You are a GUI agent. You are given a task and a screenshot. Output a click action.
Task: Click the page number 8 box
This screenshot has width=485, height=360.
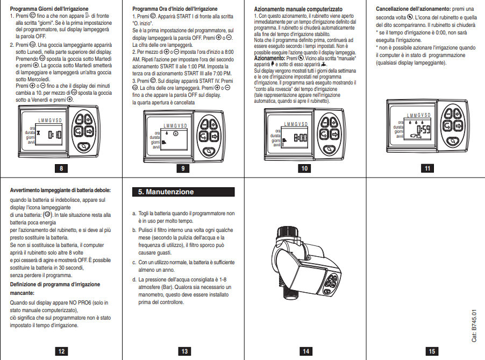coord(61,168)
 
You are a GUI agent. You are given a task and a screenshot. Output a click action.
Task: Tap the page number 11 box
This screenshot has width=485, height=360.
coord(427,168)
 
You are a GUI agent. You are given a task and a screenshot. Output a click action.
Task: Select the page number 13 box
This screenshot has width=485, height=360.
coord(184,351)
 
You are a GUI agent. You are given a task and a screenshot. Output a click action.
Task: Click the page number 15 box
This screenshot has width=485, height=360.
coord(432,351)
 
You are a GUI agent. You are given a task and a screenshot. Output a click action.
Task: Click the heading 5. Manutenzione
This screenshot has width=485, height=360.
coord(183,192)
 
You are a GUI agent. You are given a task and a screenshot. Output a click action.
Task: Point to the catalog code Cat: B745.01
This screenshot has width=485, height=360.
coord(474,326)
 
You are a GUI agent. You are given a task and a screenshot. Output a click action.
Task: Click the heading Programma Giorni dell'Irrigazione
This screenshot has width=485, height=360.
coord(45,9)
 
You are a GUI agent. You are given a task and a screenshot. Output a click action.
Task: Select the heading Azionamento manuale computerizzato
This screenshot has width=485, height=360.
coord(298,10)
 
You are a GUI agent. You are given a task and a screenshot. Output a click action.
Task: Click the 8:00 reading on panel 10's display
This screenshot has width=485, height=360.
coord(300,138)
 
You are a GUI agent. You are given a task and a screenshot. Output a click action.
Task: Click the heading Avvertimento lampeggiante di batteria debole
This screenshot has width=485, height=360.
coord(60,190)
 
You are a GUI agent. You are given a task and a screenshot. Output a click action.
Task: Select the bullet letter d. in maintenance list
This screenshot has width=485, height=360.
coord(134,280)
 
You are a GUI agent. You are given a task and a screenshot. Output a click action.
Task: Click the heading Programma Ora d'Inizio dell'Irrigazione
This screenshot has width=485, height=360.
coord(175,9)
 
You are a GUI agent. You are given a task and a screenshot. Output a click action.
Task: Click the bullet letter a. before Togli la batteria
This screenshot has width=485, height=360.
coord(134,213)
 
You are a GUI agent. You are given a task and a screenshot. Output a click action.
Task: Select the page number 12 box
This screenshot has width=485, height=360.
coord(61,351)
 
